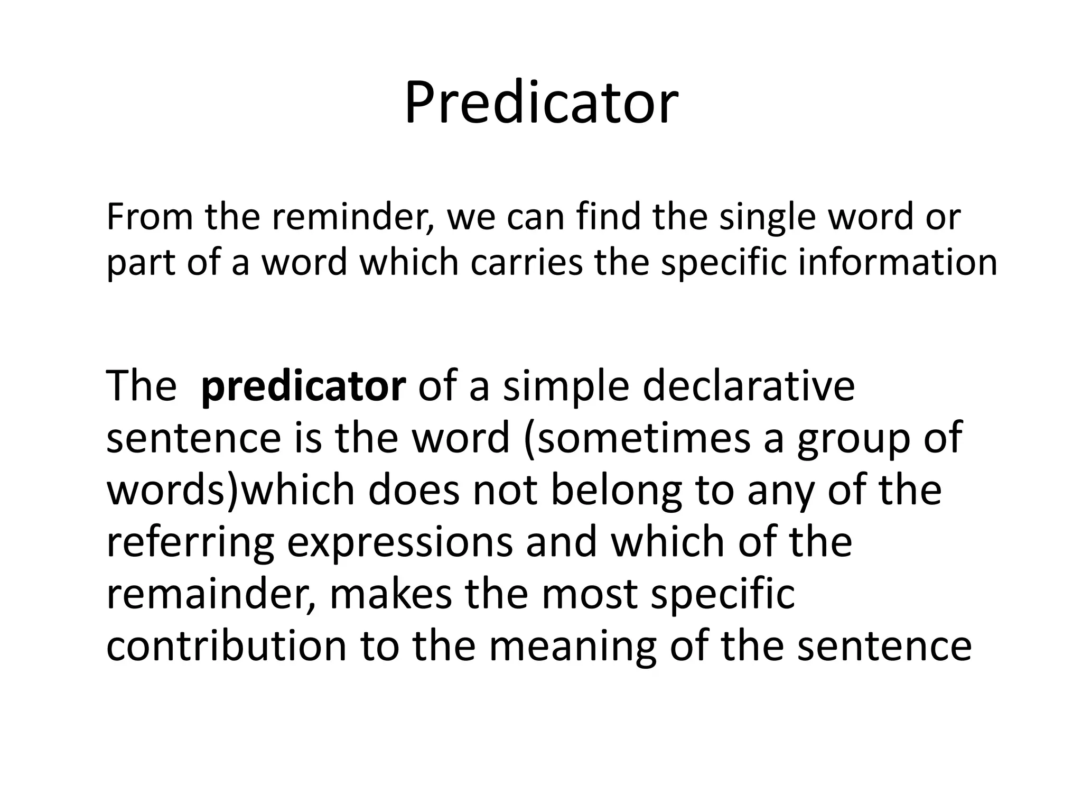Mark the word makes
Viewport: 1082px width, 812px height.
(x=391, y=594)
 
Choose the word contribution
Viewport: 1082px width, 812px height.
(x=226, y=645)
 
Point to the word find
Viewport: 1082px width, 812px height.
(x=602, y=217)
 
